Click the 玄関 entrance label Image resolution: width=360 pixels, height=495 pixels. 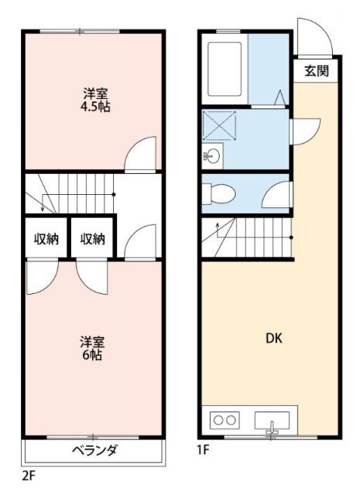pos(316,71)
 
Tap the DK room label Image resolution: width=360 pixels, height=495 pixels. pos(274,337)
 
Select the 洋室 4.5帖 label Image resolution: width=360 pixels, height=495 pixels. pos(97,101)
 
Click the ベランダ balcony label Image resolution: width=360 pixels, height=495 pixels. pos(94,450)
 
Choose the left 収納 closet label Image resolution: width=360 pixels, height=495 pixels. pos(46,239)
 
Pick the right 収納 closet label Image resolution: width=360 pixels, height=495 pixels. pos(93,239)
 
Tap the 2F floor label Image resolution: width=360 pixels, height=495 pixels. pos(28,473)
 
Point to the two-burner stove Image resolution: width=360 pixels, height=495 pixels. pos(224,420)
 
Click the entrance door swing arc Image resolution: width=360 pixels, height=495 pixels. pos(315,39)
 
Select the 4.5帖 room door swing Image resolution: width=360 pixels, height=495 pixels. pos(141,155)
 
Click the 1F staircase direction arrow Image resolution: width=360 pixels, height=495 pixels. pos(218,227)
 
